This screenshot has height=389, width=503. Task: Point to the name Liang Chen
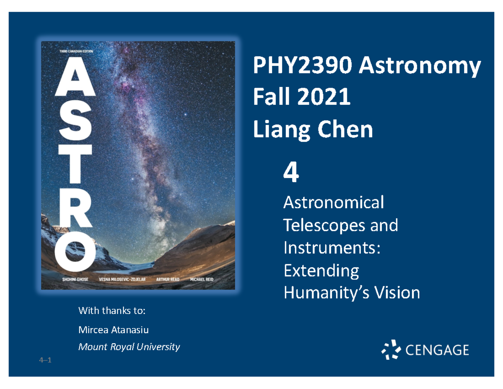click(312, 130)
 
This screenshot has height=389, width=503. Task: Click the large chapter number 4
click(291, 173)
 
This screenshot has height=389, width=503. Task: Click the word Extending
click(321, 271)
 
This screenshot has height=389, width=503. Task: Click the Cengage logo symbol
click(391, 350)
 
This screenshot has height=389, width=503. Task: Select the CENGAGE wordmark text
click(438, 350)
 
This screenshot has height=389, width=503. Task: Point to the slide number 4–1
click(44, 360)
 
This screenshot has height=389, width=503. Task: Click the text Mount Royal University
click(129, 347)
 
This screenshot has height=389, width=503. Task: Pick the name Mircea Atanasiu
click(114, 330)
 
